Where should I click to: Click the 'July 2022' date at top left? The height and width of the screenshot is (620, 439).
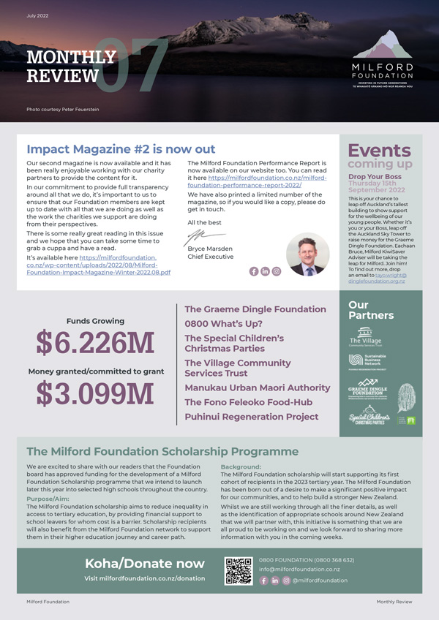(38, 15)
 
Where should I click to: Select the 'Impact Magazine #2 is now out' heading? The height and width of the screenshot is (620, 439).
(121, 148)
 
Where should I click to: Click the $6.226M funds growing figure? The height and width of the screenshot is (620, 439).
(95, 342)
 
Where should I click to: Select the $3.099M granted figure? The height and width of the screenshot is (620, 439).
(95, 393)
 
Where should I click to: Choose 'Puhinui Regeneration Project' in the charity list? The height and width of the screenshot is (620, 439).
(251, 417)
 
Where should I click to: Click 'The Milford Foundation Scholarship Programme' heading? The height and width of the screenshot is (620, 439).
(162, 452)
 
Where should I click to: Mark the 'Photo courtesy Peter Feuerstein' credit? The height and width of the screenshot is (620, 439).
(63, 110)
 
